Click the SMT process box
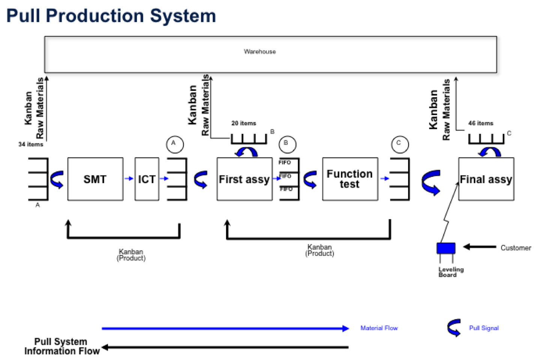click(95, 179)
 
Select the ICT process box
click(147, 179)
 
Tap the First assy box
click(244, 179)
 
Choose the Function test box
click(350, 179)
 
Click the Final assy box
click(486, 179)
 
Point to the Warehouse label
click(260, 52)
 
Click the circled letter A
click(175, 144)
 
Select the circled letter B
click(287, 144)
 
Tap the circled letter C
click(400, 145)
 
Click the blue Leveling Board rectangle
click(446, 248)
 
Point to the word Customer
click(515, 248)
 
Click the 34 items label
click(31, 144)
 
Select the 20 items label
click(243, 123)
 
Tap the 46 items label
click(481, 123)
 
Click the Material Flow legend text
click(379, 328)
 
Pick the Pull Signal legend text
click(484, 328)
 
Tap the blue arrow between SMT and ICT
click(129, 179)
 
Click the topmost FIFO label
click(285, 163)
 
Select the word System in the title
click(183, 16)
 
